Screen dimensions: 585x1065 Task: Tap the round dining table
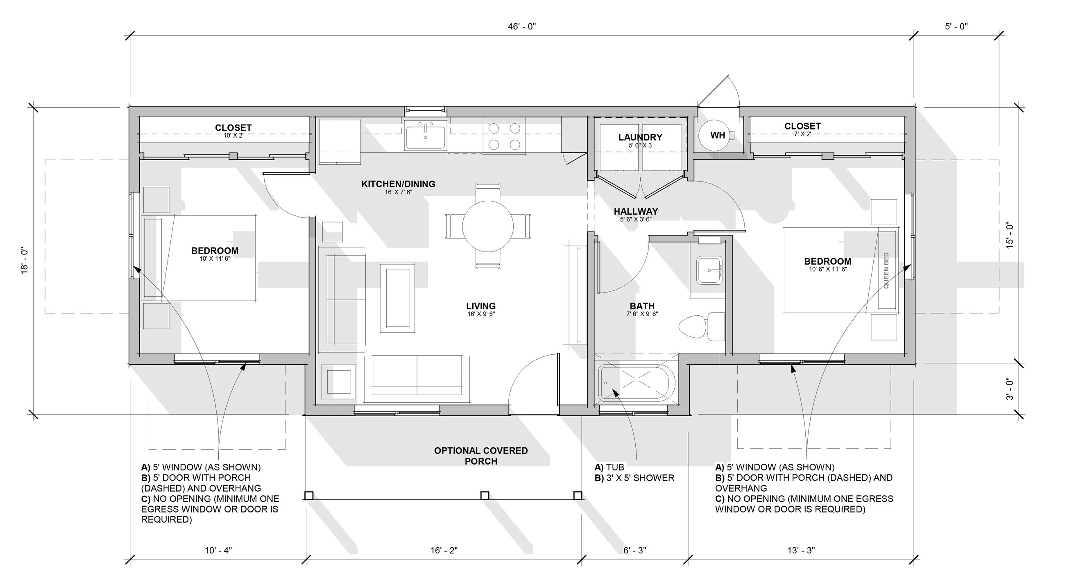click(x=488, y=226)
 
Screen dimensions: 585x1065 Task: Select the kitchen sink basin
click(x=426, y=137)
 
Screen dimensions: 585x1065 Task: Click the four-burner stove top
click(x=504, y=136)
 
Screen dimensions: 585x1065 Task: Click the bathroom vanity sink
click(x=709, y=270)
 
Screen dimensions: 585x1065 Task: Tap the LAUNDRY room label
click(x=640, y=137)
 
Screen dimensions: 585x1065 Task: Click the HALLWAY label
click(x=635, y=212)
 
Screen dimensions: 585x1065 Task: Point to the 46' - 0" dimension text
click(x=522, y=27)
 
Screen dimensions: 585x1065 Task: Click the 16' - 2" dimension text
click(x=444, y=550)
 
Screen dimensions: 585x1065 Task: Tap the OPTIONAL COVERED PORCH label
click(x=481, y=456)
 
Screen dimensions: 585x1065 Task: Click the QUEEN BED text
click(x=886, y=270)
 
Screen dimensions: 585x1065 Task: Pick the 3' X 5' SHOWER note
click(x=634, y=478)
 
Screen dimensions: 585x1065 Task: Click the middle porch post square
click(x=485, y=495)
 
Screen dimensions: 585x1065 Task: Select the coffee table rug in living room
click(x=398, y=298)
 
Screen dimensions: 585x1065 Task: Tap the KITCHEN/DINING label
click(x=398, y=184)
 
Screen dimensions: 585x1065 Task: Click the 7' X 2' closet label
click(x=802, y=134)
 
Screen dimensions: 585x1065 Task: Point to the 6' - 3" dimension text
click(x=634, y=550)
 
